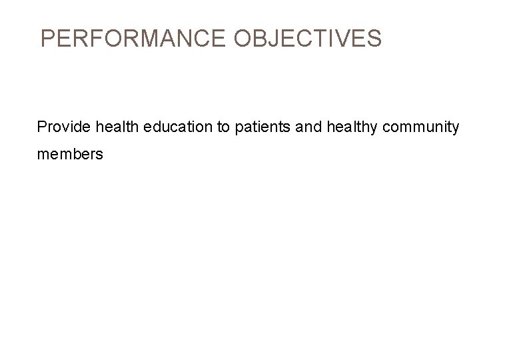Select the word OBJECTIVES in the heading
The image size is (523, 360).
pyautogui.click(x=308, y=39)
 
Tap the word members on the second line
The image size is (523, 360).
pyautogui.click(x=70, y=154)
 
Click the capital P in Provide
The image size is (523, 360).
pyautogui.click(x=42, y=127)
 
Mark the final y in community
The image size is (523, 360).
pyautogui.click(x=455, y=128)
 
